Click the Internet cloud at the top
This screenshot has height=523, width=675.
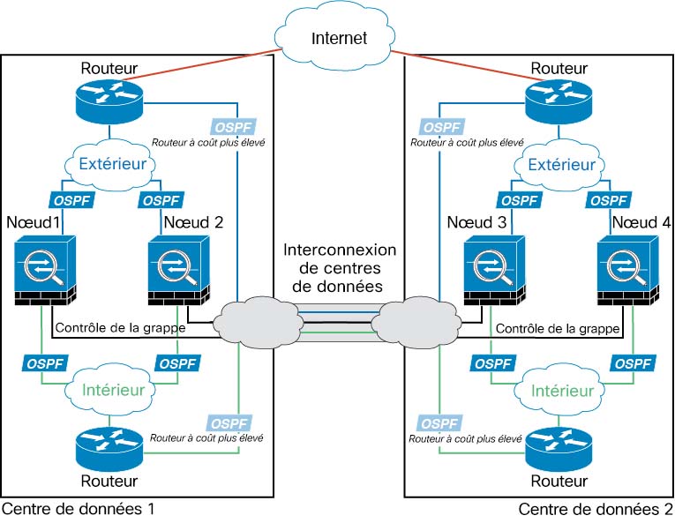338,36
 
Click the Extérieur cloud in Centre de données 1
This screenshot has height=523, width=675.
109,164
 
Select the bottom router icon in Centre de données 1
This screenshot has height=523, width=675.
109,447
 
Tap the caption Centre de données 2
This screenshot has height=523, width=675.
596,509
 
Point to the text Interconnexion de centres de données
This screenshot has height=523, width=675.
340,267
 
